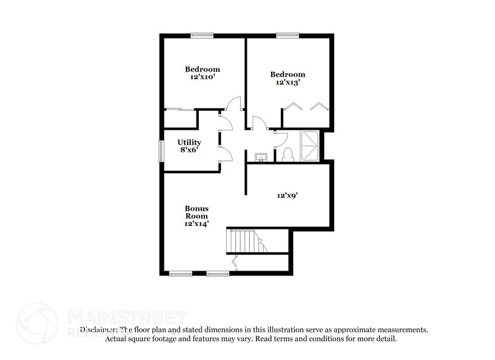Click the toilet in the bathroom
coord(288,155)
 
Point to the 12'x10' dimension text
coord(202,78)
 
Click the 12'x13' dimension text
coord(288,83)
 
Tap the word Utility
coord(189,142)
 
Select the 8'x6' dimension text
coord(189,151)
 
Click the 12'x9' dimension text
coord(288,195)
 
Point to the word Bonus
coord(197,209)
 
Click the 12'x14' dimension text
coord(197,224)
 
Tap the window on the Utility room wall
coord(162,151)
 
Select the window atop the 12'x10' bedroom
coord(200,36)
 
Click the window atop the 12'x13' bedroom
coord(286,36)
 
